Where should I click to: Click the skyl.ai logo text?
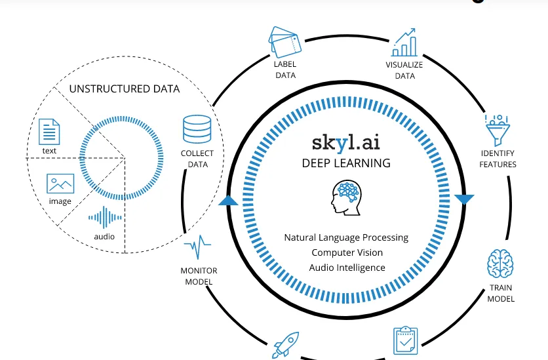[346, 141]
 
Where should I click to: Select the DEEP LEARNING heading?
[346, 163]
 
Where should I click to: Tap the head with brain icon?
[346, 198]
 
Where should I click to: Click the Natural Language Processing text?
[346, 237]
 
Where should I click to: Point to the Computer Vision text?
[347, 252]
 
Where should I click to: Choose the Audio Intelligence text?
[347, 268]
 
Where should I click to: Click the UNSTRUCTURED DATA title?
[125, 89]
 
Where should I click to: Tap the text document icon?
[49, 132]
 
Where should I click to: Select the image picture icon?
[60, 183]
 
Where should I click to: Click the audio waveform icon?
[104, 218]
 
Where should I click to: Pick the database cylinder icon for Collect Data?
[197, 129]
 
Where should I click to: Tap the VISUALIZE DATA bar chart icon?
[404, 43]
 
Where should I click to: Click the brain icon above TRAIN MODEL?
[500, 264]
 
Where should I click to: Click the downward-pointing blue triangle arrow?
[464, 199]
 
